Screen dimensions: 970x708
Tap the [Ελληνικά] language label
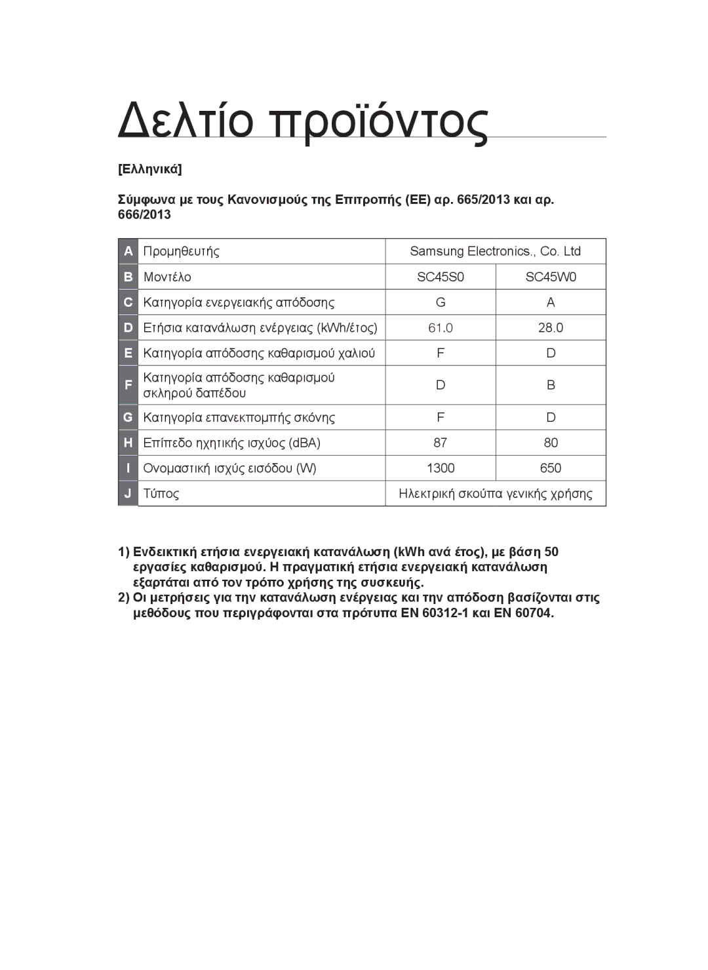150,169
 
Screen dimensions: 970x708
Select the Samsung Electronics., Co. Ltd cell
495,251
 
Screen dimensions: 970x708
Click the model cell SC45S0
441,277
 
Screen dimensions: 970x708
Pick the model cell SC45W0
551,277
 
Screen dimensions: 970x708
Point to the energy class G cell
441,302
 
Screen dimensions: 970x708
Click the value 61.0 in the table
441,328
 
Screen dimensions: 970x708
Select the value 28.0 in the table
551,328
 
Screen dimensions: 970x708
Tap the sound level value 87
441,443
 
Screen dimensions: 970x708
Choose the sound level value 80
551,443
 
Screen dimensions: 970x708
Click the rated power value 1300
441,468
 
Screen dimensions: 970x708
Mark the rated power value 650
551,468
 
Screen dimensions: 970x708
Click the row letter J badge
128,493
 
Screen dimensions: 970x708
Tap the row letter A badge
128,251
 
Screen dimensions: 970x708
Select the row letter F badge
128,385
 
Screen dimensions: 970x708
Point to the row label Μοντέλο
167,277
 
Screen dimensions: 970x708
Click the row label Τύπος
161,493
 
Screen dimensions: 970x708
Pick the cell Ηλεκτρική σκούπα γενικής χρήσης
495,493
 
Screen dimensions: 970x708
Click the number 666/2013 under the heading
144,215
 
